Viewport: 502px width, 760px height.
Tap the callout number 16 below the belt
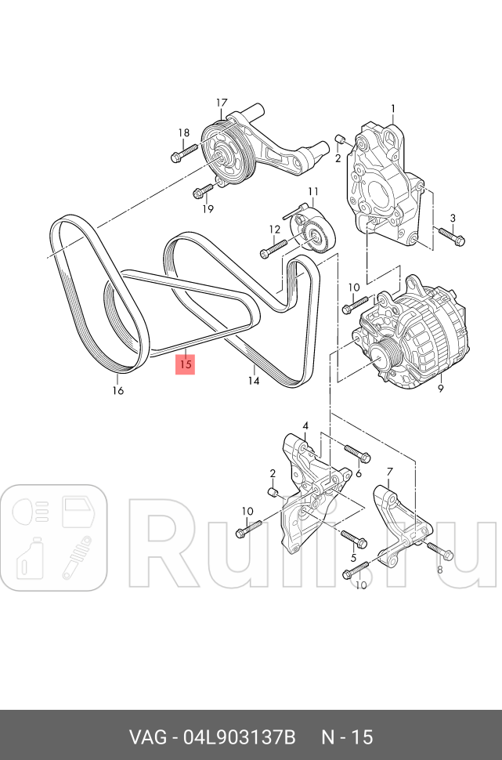tap(117, 390)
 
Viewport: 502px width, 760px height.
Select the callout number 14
tap(254, 381)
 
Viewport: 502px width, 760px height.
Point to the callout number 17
tap(222, 103)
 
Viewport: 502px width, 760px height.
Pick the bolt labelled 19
tap(204, 191)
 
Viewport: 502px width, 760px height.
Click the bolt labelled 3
tap(451, 237)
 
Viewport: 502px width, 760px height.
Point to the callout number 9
tap(440, 389)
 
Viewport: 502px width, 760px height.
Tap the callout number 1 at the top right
tap(393, 109)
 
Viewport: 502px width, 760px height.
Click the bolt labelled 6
tap(358, 453)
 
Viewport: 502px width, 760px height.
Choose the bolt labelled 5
tap(354, 538)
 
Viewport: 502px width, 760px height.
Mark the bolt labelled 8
tap(440, 551)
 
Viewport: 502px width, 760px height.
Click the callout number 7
tap(389, 472)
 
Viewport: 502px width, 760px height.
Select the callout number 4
tap(305, 426)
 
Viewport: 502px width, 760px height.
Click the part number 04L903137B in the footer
tap(240, 737)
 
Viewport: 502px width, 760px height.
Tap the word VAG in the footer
tap(147, 737)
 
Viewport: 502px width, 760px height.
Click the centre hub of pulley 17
tap(224, 156)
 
